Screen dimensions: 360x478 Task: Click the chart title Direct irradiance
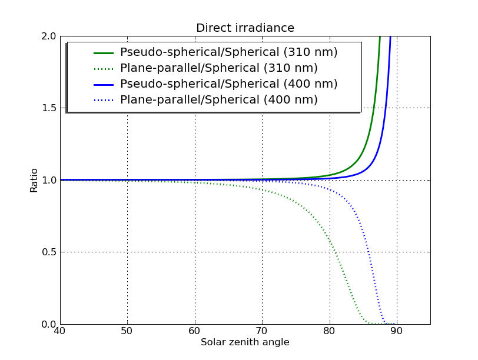coord(245,28)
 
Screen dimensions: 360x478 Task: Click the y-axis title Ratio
coord(34,180)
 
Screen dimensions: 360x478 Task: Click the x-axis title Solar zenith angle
coord(245,342)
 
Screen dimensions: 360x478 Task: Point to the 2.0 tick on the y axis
coord(48,36)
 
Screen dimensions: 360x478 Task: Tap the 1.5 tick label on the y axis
coord(48,108)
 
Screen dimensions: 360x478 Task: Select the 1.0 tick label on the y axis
coord(48,180)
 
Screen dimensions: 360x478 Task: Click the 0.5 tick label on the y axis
coord(48,252)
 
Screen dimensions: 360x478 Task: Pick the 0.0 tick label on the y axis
coord(48,324)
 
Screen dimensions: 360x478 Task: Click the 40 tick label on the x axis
coord(59,332)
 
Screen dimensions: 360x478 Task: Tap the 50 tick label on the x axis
coord(127,332)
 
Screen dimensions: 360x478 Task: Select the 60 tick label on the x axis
coord(195,332)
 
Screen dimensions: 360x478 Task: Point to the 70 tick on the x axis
coord(262,332)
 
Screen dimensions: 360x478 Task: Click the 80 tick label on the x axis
coord(330,332)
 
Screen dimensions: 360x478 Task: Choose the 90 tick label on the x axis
coord(397,332)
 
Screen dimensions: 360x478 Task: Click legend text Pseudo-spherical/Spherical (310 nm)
coord(229,52)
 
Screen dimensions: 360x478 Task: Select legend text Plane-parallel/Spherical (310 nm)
coord(219,68)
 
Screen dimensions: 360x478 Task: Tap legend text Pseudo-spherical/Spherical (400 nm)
coord(229,84)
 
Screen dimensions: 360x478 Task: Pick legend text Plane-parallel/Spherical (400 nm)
coord(219,100)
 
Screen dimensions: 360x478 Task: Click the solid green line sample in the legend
coord(103,52)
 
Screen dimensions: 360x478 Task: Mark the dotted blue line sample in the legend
coord(103,100)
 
